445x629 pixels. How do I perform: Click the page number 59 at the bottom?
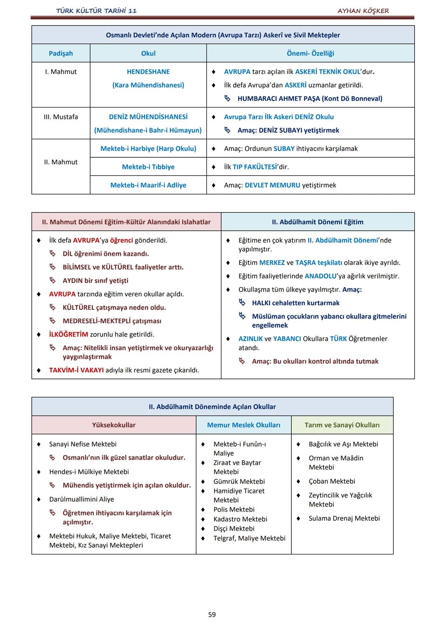pyautogui.click(x=212, y=615)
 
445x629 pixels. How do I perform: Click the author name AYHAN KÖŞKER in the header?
pyautogui.click(x=363, y=11)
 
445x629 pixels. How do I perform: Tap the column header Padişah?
pyautogui.click(x=61, y=53)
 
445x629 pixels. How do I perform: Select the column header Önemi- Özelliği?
pyautogui.click(x=310, y=53)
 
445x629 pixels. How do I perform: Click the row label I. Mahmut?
pyautogui.click(x=61, y=72)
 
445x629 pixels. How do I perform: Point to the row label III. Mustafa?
pyautogui.click(x=61, y=117)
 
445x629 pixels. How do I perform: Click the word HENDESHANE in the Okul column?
pyautogui.click(x=148, y=72)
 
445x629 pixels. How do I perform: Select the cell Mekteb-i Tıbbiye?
pyautogui.click(x=148, y=167)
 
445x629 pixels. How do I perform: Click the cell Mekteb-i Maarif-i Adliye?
pyautogui.click(x=148, y=185)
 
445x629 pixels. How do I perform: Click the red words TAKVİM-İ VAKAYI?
pyautogui.click(x=76, y=370)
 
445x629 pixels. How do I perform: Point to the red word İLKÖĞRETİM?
pyautogui.click(x=68, y=334)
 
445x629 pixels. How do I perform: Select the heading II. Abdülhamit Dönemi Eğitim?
pyautogui.click(x=317, y=222)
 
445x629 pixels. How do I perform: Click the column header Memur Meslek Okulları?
pyautogui.click(x=244, y=425)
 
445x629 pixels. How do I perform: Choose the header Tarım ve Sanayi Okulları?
pyautogui.click(x=342, y=425)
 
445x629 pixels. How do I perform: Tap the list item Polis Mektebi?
pyautogui.click(x=234, y=510)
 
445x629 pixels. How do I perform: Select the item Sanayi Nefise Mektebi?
pyautogui.click(x=83, y=444)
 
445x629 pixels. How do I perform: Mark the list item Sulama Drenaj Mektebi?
pyautogui.click(x=344, y=518)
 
